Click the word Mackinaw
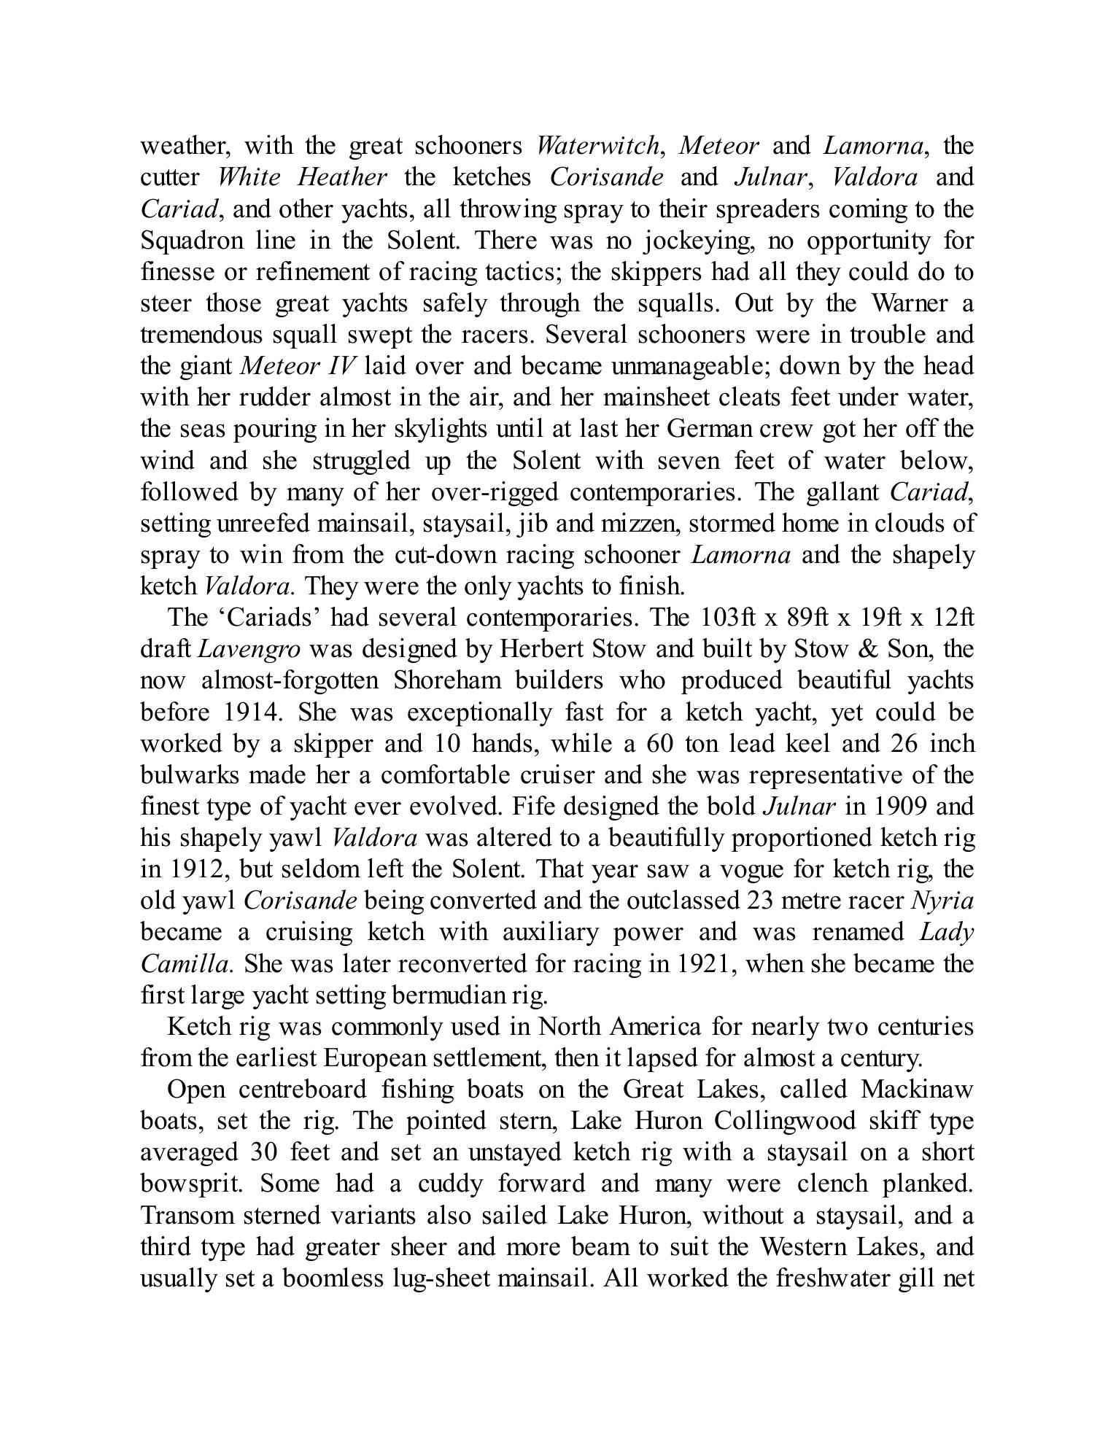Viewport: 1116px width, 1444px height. click(x=917, y=1090)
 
